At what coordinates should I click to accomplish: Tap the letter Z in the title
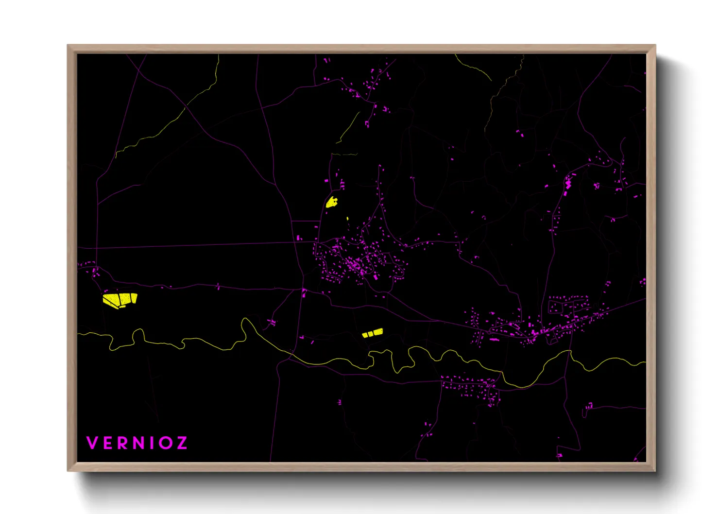(181, 443)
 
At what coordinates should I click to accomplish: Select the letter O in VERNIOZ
(165, 443)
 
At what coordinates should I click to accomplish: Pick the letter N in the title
(139, 443)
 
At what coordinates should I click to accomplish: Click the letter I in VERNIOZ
(152, 443)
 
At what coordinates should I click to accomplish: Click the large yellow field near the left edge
(120, 299)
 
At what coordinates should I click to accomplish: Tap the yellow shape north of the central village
(332, 202)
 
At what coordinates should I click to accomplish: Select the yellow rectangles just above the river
(373, 333)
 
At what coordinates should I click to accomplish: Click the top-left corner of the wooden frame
(69, 47)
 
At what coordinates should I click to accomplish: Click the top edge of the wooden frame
(361, 49)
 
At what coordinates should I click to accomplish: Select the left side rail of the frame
(72, 257)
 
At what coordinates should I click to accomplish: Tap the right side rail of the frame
(651, 257)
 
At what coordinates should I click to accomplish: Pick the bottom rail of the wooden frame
(361, 466)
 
